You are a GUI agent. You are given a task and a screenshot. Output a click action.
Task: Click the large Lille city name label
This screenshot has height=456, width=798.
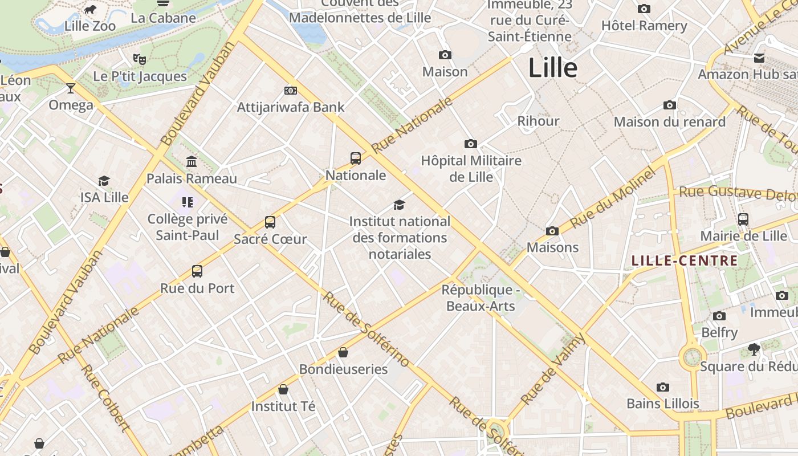coord(552,68)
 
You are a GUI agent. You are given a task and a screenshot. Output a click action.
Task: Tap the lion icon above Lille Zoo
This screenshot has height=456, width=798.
coord(90,9)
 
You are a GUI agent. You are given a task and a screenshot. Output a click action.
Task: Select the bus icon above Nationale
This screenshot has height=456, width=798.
coord(356,158)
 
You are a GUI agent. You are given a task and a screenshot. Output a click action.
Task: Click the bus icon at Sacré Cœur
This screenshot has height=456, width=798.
coord(270,222)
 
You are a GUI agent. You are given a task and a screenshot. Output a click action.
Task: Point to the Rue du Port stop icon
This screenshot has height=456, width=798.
coord(197,271)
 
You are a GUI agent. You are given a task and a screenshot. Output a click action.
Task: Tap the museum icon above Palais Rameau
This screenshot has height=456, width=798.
coord(192,162)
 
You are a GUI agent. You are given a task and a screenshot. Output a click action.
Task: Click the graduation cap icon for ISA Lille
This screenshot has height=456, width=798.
coord(104,181)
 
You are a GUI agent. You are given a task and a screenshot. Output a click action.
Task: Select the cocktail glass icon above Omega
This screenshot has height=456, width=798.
coord(71,88)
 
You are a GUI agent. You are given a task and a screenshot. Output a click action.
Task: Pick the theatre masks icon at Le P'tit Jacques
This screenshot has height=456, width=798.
coord(140,59)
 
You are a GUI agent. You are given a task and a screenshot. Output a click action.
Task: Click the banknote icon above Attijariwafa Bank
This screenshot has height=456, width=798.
coord(291,90)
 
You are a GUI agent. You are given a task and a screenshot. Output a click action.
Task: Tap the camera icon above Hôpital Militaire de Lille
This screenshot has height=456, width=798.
coord(471,144)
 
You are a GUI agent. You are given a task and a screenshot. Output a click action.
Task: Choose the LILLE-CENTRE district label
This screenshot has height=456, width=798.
coord(685,261)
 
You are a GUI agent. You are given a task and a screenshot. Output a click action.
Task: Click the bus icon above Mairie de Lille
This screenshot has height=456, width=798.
coord(743,219)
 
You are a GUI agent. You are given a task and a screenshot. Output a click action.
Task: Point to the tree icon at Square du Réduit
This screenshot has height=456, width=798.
coord(754,349)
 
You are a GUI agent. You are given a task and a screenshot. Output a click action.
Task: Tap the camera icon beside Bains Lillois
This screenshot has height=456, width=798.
coord(662,387)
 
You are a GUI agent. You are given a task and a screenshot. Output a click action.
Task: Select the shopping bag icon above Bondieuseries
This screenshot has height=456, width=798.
coord(343,352)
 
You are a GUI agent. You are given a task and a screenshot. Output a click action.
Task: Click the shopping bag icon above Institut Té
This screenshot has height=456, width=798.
coord(283,389)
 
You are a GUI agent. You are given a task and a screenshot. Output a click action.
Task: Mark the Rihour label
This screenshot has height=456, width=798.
coord(538,121)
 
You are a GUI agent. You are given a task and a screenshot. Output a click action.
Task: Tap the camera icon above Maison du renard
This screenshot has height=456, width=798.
coord(670,105)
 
